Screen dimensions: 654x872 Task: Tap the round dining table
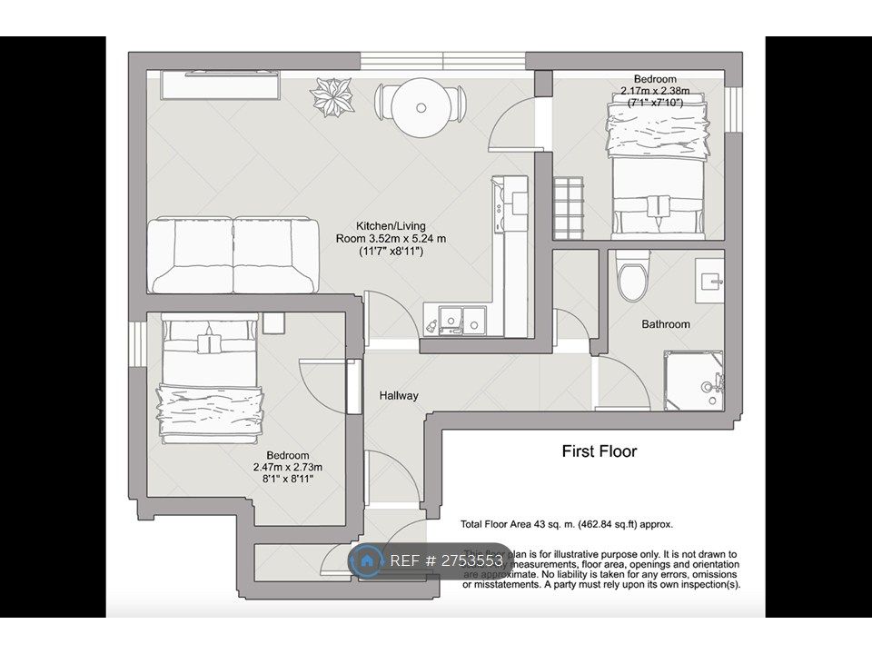pos(421,106)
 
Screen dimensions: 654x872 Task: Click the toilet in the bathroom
pos(632,273)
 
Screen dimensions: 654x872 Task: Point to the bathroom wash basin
pos(709,279)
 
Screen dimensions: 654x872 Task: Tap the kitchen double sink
pos(461,319)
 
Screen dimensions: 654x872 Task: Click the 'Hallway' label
pos(399,395)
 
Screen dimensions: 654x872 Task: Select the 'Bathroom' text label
pos(666,323)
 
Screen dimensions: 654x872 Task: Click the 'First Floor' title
pos(599,451)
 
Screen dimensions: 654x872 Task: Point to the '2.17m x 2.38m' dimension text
pos(655,91)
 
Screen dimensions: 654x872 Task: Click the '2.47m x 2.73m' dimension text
pos(287,467)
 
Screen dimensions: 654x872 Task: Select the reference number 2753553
pos(473,560)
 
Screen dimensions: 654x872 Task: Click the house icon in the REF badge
pos(368,560)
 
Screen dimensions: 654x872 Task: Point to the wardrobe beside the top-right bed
pos(570,206)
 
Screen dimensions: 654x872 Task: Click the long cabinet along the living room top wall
pos(219,84)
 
